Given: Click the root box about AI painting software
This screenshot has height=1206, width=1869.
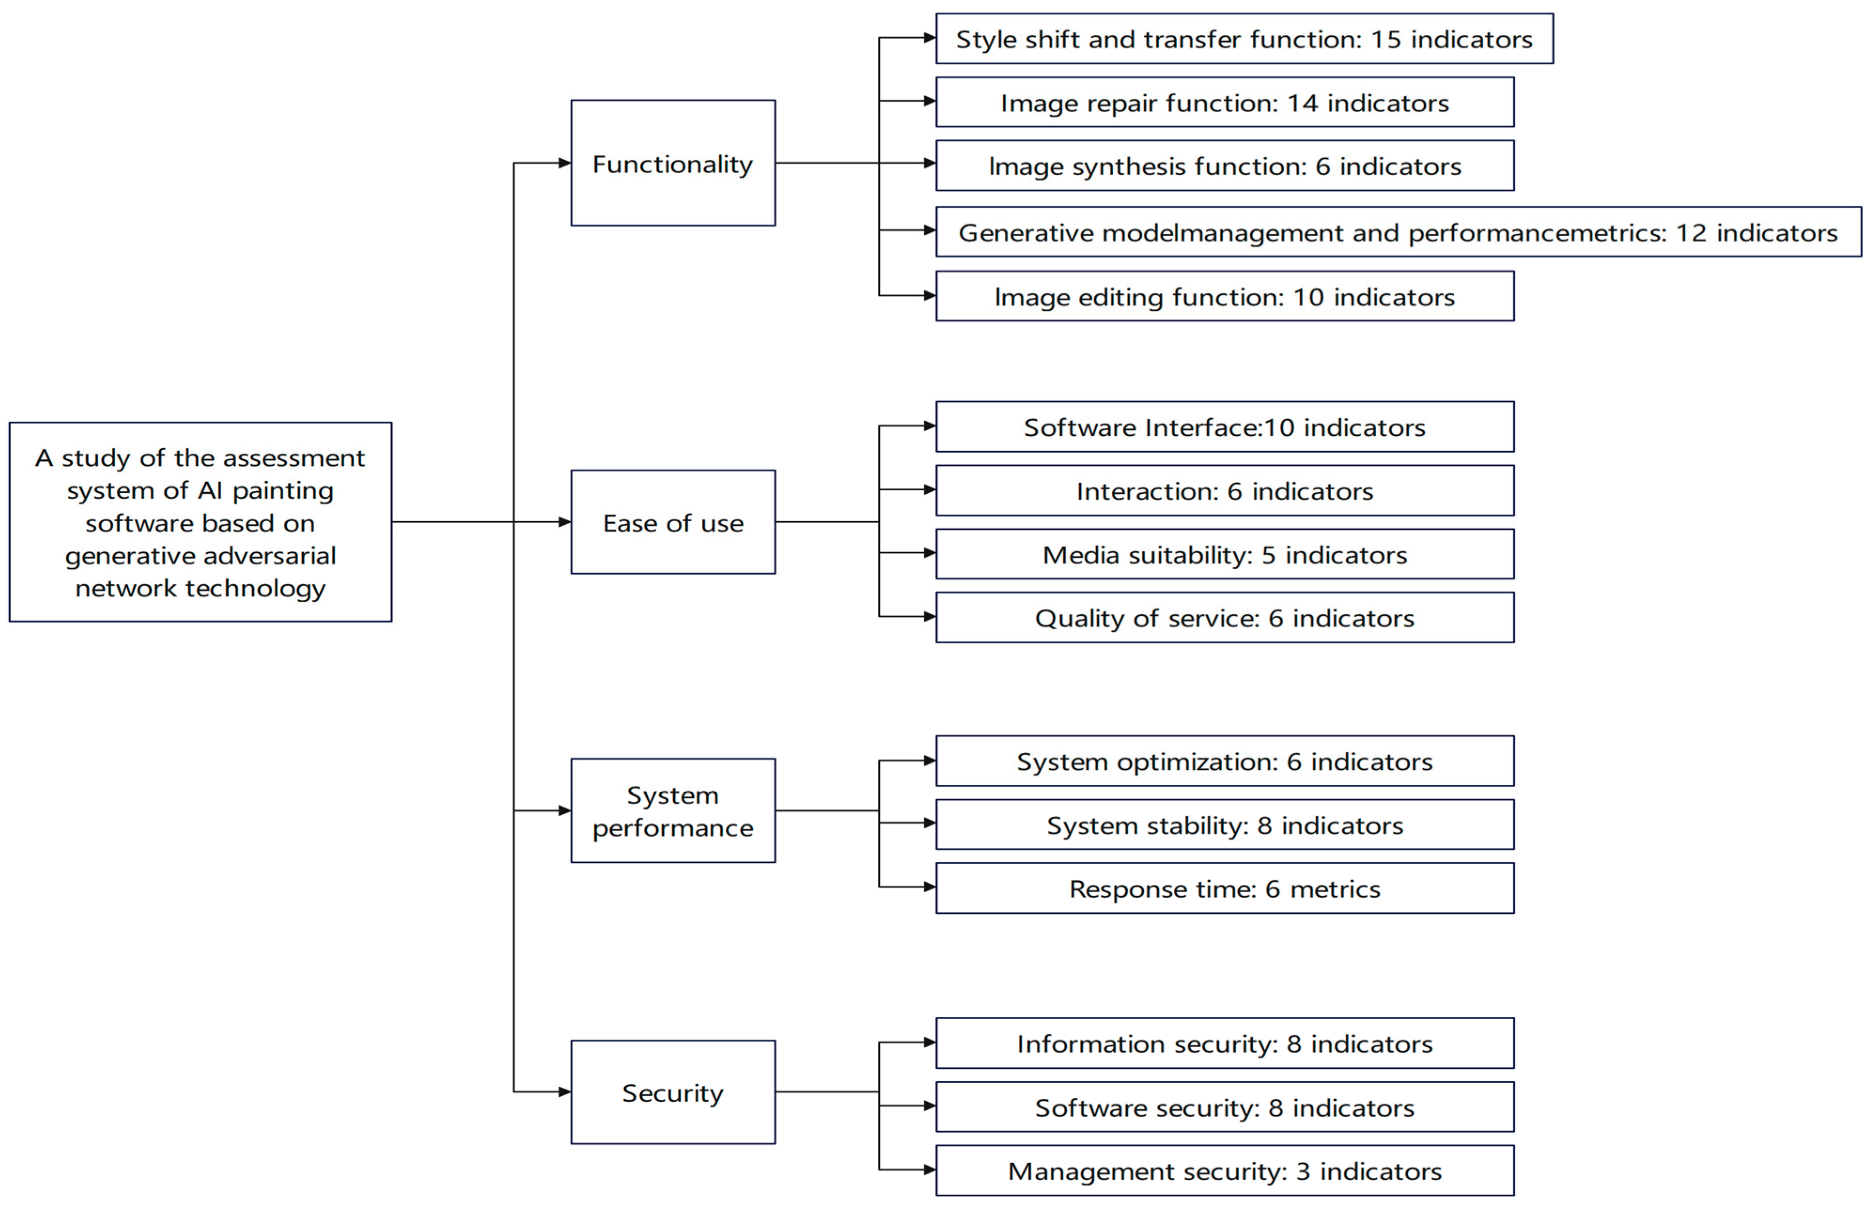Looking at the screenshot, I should tap(201, 522).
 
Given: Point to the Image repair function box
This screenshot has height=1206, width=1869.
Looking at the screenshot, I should tap(1225, 102).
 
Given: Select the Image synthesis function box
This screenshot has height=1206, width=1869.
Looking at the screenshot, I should tap(1225, 166).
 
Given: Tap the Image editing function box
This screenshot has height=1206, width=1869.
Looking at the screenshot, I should tap(1225, 297).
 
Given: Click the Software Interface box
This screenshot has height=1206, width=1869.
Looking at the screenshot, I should tap(1225, 427).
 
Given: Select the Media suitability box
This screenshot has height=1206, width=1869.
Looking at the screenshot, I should tap(1225, 555).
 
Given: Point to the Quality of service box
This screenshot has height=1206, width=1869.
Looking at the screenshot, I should tap(1225, 618).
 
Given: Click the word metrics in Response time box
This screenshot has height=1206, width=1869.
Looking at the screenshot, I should tap(1335, 889).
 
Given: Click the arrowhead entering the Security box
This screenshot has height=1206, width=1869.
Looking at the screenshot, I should tap(564, 1092).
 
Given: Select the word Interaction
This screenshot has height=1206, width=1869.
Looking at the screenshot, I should tap(1147, 491).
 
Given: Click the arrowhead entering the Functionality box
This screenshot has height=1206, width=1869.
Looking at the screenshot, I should tap(564, 163).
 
